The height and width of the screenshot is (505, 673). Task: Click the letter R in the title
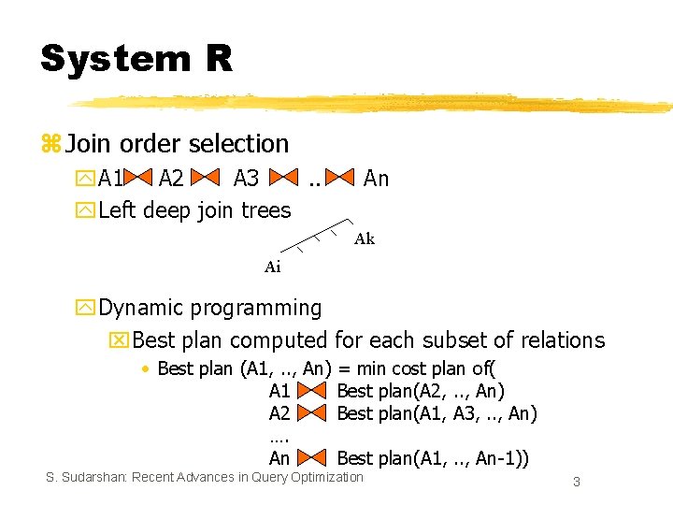[217, 59]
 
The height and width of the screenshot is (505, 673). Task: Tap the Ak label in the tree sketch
[365, 239]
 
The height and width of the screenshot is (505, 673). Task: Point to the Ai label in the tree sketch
[272, 267]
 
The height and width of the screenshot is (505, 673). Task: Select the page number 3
[577, 482]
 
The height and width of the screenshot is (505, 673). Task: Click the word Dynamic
[136, 308]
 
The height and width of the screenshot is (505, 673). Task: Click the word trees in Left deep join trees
[266, 211]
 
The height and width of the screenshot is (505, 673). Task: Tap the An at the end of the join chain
[376, 179]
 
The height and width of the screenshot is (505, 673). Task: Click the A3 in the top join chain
[246, 179]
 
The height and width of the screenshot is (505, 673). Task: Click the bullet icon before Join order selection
[50, 145]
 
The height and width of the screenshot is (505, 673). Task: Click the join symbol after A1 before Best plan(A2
[313, 392]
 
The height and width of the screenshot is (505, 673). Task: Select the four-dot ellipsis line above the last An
[279, 437]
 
